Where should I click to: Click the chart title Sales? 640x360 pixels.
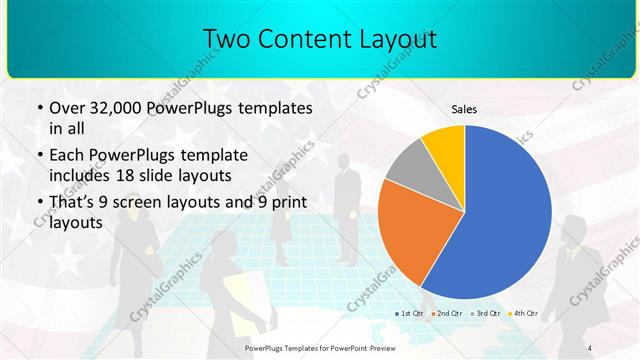tap(465, 108)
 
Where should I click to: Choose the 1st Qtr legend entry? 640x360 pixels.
tap(412, 313)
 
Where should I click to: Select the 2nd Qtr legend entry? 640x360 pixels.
tap(447, 313)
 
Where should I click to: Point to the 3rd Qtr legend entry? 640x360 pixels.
tap(484, 313)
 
